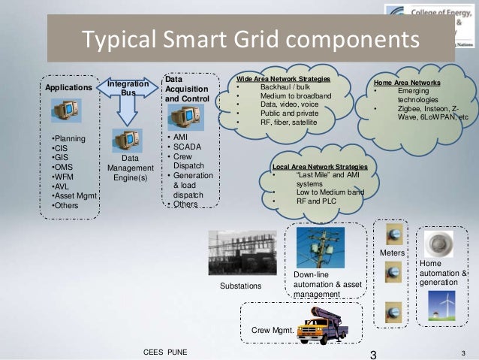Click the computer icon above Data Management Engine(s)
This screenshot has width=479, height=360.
(127, 141)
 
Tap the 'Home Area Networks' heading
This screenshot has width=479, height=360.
(407, 82)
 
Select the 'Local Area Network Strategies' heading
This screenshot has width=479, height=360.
(320, 166)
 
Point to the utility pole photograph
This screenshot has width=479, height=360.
(320, 248)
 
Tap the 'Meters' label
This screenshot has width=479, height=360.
(391, 254)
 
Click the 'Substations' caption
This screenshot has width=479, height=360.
(240, 286)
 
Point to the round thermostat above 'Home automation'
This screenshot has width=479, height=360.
(438, 243)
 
